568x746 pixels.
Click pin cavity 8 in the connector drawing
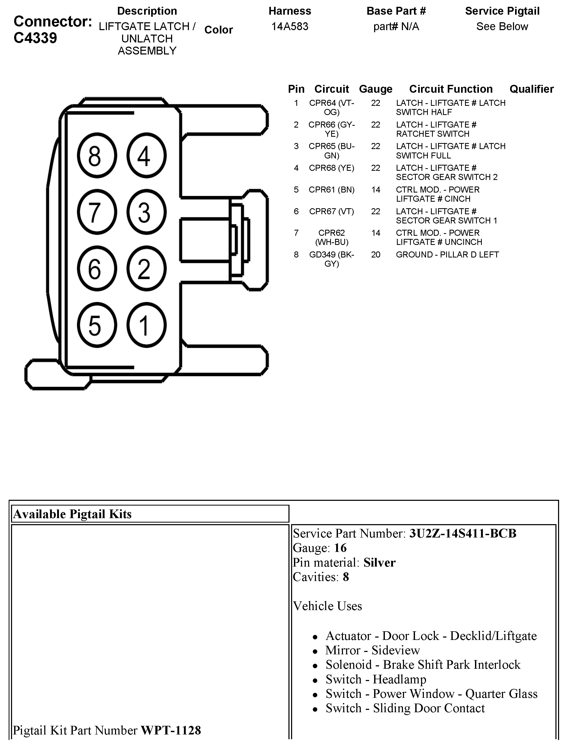pyautogui.click(x=97, y=156)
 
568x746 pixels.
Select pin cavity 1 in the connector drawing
pyautogui.click(x=146, y=325)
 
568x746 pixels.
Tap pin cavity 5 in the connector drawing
pyautogui.click(x=97, y=325)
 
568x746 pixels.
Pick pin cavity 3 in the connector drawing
pyautogui.click(x=146, y=212)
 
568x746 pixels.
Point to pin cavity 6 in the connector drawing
pyautogui.click(x=97, y=269)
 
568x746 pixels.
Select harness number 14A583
pyautogui.click(x=290, y=26)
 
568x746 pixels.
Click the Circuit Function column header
pyautogui.click(x=451, y=89)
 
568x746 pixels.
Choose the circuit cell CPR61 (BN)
pyautogui.click(x=331, y=190)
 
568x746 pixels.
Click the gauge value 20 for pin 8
pyautogui.click(x=376, y=255)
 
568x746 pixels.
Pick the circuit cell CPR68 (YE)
pyautogui.click(x=331, y=168)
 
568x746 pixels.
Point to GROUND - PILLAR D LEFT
pyautogui.click(x=447, y=255)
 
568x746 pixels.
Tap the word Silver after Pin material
pyautogui.click(x=379, y=562)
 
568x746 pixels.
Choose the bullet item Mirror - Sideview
pyautogui.click(x=372, y=650)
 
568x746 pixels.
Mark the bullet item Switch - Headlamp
pyautogui.click(x=376, y=679)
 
